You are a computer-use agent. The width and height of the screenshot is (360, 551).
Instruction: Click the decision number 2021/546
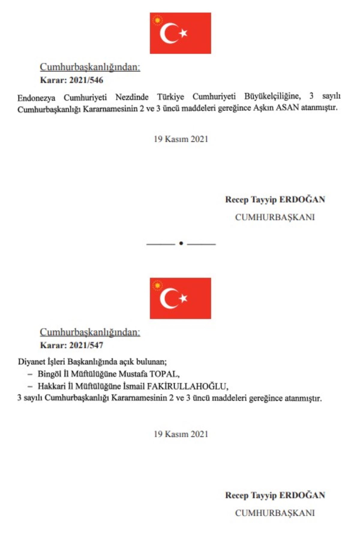point(86,80)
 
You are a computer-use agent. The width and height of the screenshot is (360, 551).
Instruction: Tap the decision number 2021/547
point(86,345)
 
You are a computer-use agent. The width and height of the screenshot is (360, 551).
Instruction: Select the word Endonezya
point(36,98)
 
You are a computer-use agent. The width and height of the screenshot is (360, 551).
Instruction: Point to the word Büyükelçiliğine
point(272,96)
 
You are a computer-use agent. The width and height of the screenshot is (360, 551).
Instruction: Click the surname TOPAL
point(164,374)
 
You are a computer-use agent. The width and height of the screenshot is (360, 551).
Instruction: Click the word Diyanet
point(30,361)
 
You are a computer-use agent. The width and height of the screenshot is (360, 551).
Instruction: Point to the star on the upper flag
point(183,33)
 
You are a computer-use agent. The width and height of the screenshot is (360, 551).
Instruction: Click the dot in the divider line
point(181,243)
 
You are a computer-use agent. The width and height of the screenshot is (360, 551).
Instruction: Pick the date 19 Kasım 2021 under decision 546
point(181,139)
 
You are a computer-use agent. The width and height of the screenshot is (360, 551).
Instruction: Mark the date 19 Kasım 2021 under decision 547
point(181,434)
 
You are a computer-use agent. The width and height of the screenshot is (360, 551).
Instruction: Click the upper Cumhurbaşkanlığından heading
point(90,67)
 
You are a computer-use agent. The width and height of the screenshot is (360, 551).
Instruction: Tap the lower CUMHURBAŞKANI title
point(275,513)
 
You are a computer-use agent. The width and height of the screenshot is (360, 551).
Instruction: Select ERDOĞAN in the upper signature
point(302,199)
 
